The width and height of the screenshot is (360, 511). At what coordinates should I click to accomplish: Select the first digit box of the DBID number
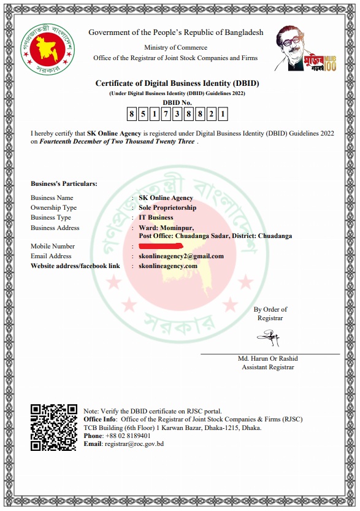(132, 113)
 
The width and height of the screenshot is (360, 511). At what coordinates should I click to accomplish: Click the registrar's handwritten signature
(269, 337)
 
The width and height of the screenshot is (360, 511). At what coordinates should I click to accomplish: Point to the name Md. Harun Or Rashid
(267, 358)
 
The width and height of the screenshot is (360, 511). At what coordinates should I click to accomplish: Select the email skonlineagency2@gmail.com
(181, 256)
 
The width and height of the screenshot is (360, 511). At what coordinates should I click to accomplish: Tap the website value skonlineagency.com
(168, 266)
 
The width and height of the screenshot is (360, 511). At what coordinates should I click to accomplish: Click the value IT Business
(156, 217)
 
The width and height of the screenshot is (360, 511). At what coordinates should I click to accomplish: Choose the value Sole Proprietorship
(167, 207)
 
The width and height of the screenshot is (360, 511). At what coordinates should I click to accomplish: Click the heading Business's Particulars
(64, 183)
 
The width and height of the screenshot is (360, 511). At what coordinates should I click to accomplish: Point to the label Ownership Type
(54, 207)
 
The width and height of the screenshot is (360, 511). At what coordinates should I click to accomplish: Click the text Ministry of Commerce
(175, 47)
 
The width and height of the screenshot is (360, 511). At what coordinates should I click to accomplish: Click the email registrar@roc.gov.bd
(134, 444)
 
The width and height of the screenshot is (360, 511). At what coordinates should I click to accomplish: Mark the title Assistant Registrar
(268, 367)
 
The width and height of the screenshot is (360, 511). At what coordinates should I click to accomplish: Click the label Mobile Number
(53, 246)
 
